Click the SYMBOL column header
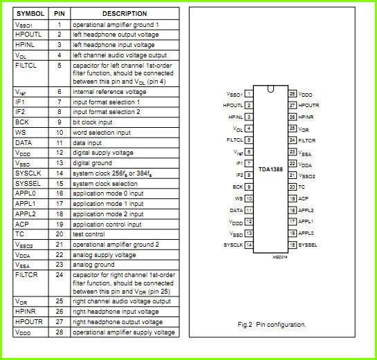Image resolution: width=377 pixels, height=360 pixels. [x=30, y=14]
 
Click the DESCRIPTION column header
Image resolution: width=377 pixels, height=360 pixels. [x=125, y=14]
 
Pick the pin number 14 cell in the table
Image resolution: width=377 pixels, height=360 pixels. [x=59, y=173]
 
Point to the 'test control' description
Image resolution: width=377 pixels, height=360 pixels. [x=89, y=234]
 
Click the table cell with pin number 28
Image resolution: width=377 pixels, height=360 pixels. [x=59, y=332]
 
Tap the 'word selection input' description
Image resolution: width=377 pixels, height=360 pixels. [x=102, y=133]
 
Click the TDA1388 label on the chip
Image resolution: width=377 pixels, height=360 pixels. [x=270, y=169]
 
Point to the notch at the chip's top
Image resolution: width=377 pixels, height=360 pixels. [x=270, y=89]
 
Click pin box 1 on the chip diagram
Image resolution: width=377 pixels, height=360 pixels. [x=249, y=93]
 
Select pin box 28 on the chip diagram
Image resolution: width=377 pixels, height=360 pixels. [x=292, y=93]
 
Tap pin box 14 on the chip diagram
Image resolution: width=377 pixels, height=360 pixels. [x=249, y=245]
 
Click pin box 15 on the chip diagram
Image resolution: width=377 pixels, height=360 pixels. [x=292, y=245]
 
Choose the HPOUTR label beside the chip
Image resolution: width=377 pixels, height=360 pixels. [x=309, y=106]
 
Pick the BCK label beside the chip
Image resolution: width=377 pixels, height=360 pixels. [x=237, y=187]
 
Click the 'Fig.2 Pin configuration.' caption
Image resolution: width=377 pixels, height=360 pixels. [x=272, y=325]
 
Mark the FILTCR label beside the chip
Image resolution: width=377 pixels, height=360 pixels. [x=307, y=140]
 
